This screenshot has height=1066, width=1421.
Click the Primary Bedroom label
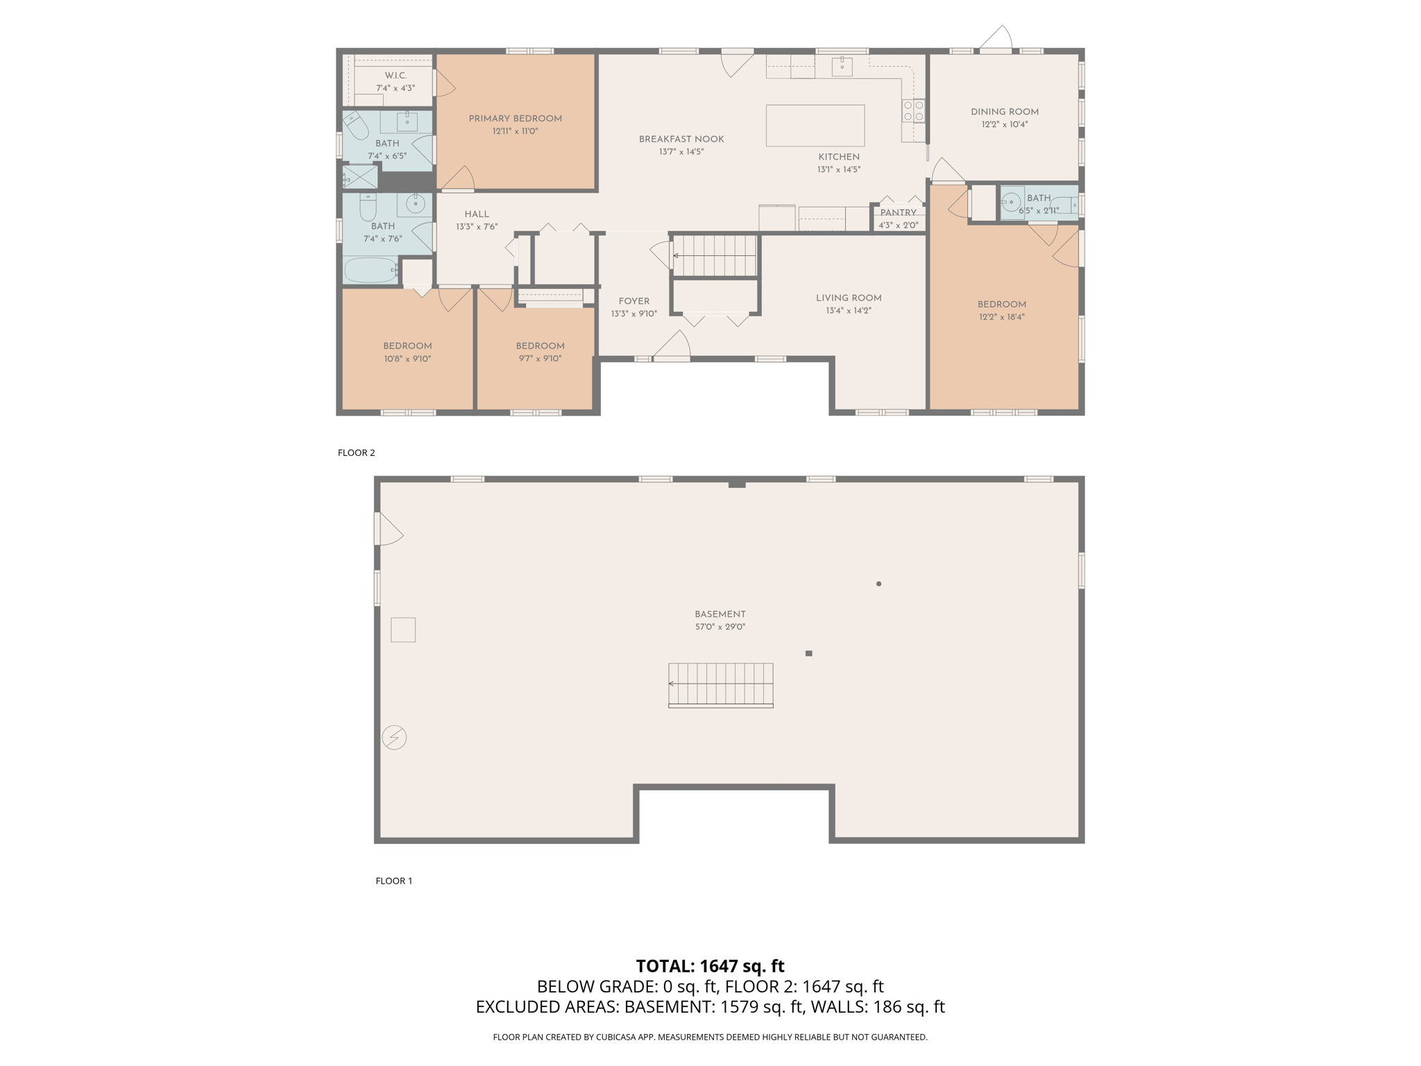515,119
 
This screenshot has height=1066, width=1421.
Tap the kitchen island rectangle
815,126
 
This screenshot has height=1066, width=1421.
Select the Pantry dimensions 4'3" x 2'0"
898,226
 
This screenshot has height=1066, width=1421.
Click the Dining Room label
1004,112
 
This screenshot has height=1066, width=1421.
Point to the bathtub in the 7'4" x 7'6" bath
370,270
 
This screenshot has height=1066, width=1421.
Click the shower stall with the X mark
360,177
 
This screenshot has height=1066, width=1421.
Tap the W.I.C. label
395,76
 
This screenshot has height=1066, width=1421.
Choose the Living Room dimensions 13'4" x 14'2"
848,311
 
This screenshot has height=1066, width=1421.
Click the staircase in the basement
720,684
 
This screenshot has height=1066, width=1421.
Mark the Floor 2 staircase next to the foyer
715,256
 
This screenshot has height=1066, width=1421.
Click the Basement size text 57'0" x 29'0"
720,627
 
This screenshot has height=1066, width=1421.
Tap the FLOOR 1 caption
393,881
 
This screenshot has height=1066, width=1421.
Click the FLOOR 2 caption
356,452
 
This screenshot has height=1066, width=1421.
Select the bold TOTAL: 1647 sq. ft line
710,966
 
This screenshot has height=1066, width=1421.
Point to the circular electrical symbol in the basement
394,737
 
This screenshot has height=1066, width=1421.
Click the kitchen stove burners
912,111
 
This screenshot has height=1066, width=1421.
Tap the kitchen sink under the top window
842,67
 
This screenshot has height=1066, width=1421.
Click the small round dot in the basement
878,584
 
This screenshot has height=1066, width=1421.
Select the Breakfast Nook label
681,139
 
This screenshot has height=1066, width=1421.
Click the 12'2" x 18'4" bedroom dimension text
1001,317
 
